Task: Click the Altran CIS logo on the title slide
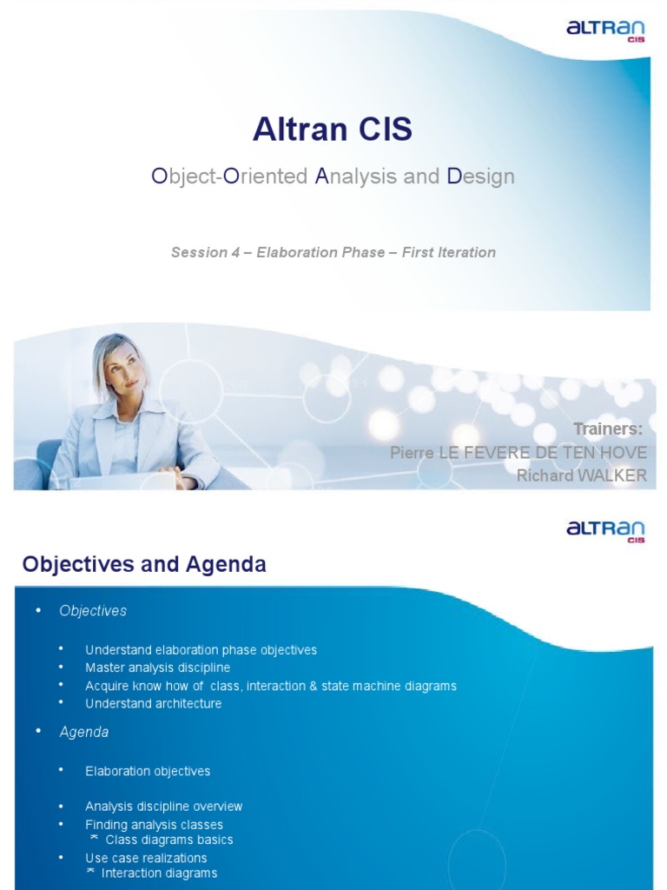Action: pos(605,32)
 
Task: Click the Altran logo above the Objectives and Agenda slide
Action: pos(605,530)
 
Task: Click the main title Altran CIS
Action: pos(333,130)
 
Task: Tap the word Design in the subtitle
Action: pos(480,176)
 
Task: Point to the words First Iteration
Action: pos(449,252)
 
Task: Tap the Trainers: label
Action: pos(608,429)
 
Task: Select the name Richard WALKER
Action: pos(581,475)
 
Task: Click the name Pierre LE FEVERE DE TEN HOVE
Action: pos(518,452)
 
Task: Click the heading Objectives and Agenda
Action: pos(144,565)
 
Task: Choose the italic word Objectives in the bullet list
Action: pos(93,611)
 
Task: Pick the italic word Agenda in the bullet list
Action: pos(84,732)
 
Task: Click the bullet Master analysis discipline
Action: pos(157,667)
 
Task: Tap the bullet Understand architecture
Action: pos(153,703)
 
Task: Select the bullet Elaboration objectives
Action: pos(148,771)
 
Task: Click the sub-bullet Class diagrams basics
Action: pos(168,840)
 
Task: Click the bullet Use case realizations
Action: pos(146,857)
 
